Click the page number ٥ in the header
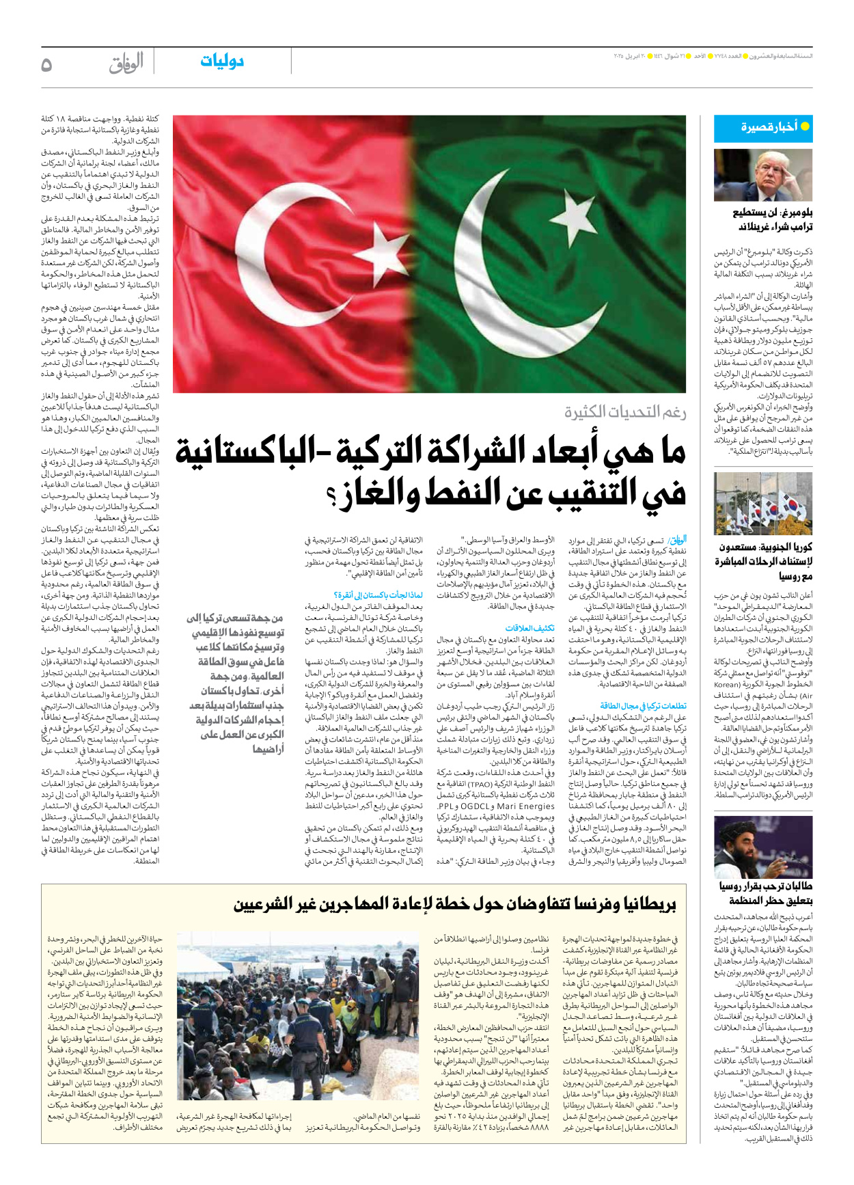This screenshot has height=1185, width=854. [x=46, y=65]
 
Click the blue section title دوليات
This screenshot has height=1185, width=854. [x=222, y=62]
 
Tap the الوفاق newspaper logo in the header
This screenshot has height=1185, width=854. [x=126, y=63]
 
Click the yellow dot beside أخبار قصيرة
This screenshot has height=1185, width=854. [x=805, y=126]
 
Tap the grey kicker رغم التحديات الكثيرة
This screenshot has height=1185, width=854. [x=625, y=412]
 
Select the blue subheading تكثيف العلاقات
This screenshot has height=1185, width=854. [x=529, y=628]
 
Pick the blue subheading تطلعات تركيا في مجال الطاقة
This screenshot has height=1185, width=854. [x=642, y=706]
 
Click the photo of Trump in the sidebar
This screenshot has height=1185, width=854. [x=762, y=176]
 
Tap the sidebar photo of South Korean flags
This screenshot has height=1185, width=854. [x=762, y=504]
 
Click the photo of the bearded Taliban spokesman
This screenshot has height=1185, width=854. [x=762, y=847]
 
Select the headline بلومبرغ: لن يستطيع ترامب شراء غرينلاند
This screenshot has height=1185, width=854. [x=772, y=219]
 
